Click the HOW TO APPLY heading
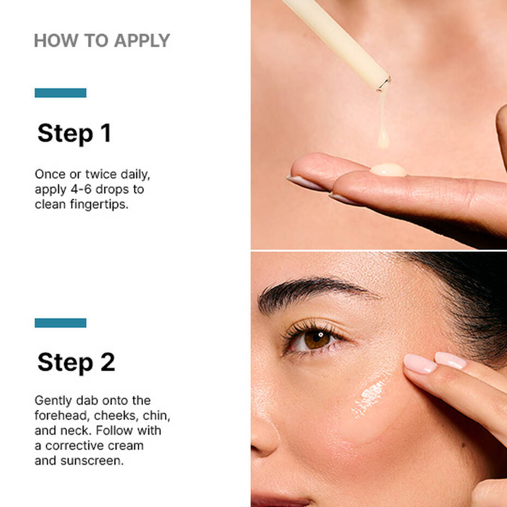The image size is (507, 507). (101, 40)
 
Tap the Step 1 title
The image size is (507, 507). (74, 134)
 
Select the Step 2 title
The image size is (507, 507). (76, 363)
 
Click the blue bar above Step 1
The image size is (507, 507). (61, 93)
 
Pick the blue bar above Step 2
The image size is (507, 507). (61, 323)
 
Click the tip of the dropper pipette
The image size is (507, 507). (384, 83)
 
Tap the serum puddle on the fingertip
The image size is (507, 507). (388, 170)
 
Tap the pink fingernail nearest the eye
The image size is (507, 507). (420, 364)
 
